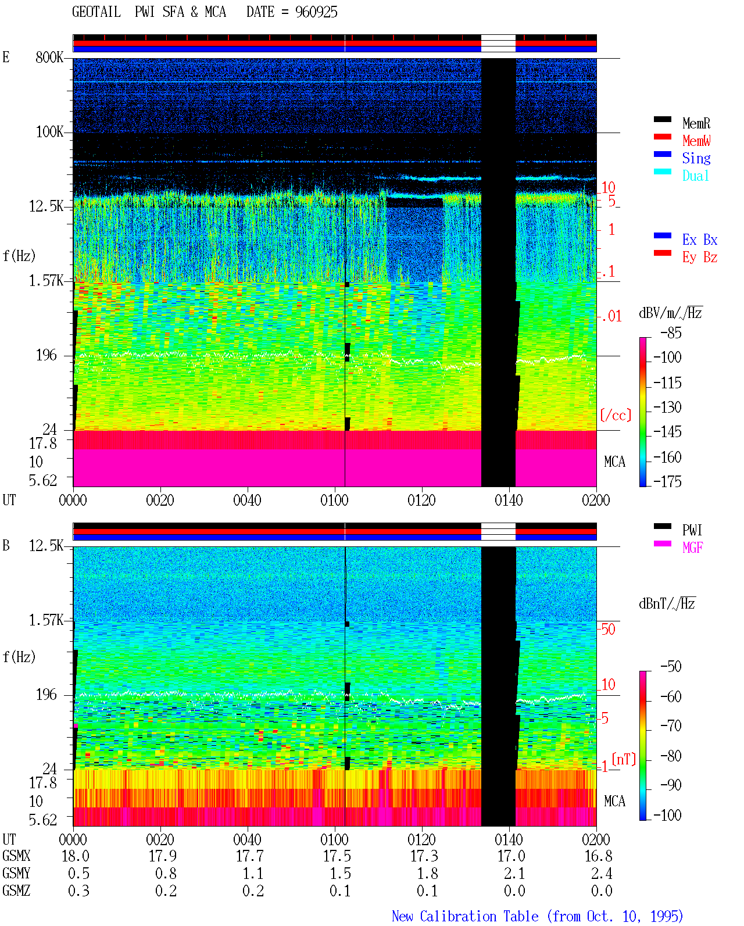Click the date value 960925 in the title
[316, 12]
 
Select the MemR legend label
[696, 123]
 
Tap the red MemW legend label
[696, 141]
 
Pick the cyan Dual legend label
[695, 176]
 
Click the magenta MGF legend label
[692, 548]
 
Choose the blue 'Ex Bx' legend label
[700, 239]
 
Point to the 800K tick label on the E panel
[49, 57]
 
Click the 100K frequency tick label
[49, 132]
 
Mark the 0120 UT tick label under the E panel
[422, 500]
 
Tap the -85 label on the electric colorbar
[671, 332]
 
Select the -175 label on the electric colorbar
[667, 481]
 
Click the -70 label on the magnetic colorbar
[671, 725]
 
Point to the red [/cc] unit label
[616, 415]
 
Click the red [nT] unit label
[624, 759]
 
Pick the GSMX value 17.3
[424, 856]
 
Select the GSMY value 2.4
[602, 874]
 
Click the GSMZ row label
[16, 891]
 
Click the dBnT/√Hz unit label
[667, 603]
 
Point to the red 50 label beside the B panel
[608, 629]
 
